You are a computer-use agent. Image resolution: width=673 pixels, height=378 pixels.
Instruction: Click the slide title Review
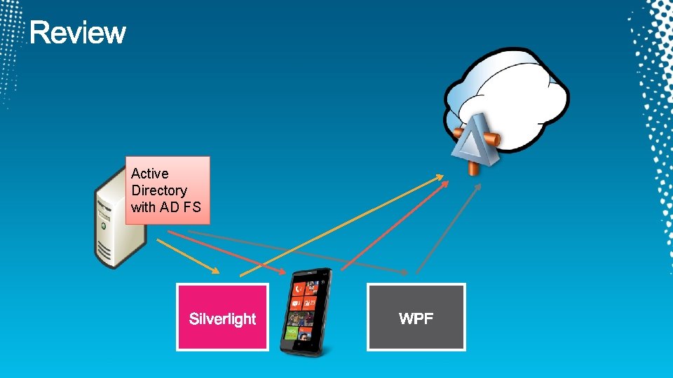(x=78, y=33)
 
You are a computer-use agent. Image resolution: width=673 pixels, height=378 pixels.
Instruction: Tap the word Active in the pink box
(x=149, y=174)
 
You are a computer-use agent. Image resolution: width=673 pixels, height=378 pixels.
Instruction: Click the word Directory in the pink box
(x=159, y=190)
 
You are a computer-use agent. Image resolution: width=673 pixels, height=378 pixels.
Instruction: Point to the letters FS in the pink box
(x=192, y=207)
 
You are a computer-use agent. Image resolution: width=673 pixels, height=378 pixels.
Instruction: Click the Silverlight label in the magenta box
(x=222, y=319)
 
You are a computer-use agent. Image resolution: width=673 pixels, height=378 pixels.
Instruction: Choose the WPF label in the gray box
(x=416, y=319)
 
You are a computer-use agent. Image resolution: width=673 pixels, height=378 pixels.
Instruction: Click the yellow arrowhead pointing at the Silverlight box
(x=215, y=270)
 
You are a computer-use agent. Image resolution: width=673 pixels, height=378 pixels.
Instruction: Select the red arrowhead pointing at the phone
(x=281, y=271)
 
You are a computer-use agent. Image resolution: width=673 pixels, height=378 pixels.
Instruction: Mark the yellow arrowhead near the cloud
(x=438, y=176)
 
